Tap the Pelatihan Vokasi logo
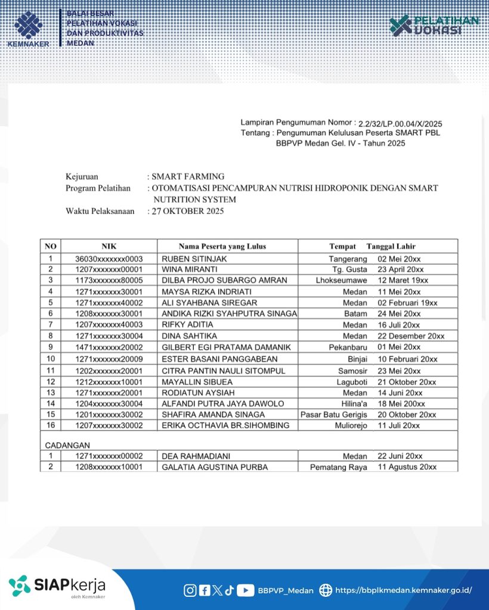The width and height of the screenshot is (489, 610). point(434,26)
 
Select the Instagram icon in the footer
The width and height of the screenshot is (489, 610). point(190,590)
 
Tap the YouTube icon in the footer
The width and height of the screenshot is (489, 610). point(245,590)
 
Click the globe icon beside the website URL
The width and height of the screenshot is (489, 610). point(326,590)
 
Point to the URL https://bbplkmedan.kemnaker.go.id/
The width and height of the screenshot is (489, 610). point(404,590)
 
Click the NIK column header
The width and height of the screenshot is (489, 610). point(109,246)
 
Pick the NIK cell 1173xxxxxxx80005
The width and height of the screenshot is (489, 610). point(109,280)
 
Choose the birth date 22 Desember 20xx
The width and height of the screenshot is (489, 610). point(411,336)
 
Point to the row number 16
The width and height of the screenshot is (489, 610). point(51,425)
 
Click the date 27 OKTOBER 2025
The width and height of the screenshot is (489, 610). point(188,211)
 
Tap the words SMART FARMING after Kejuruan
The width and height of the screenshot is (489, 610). point(188,176)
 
